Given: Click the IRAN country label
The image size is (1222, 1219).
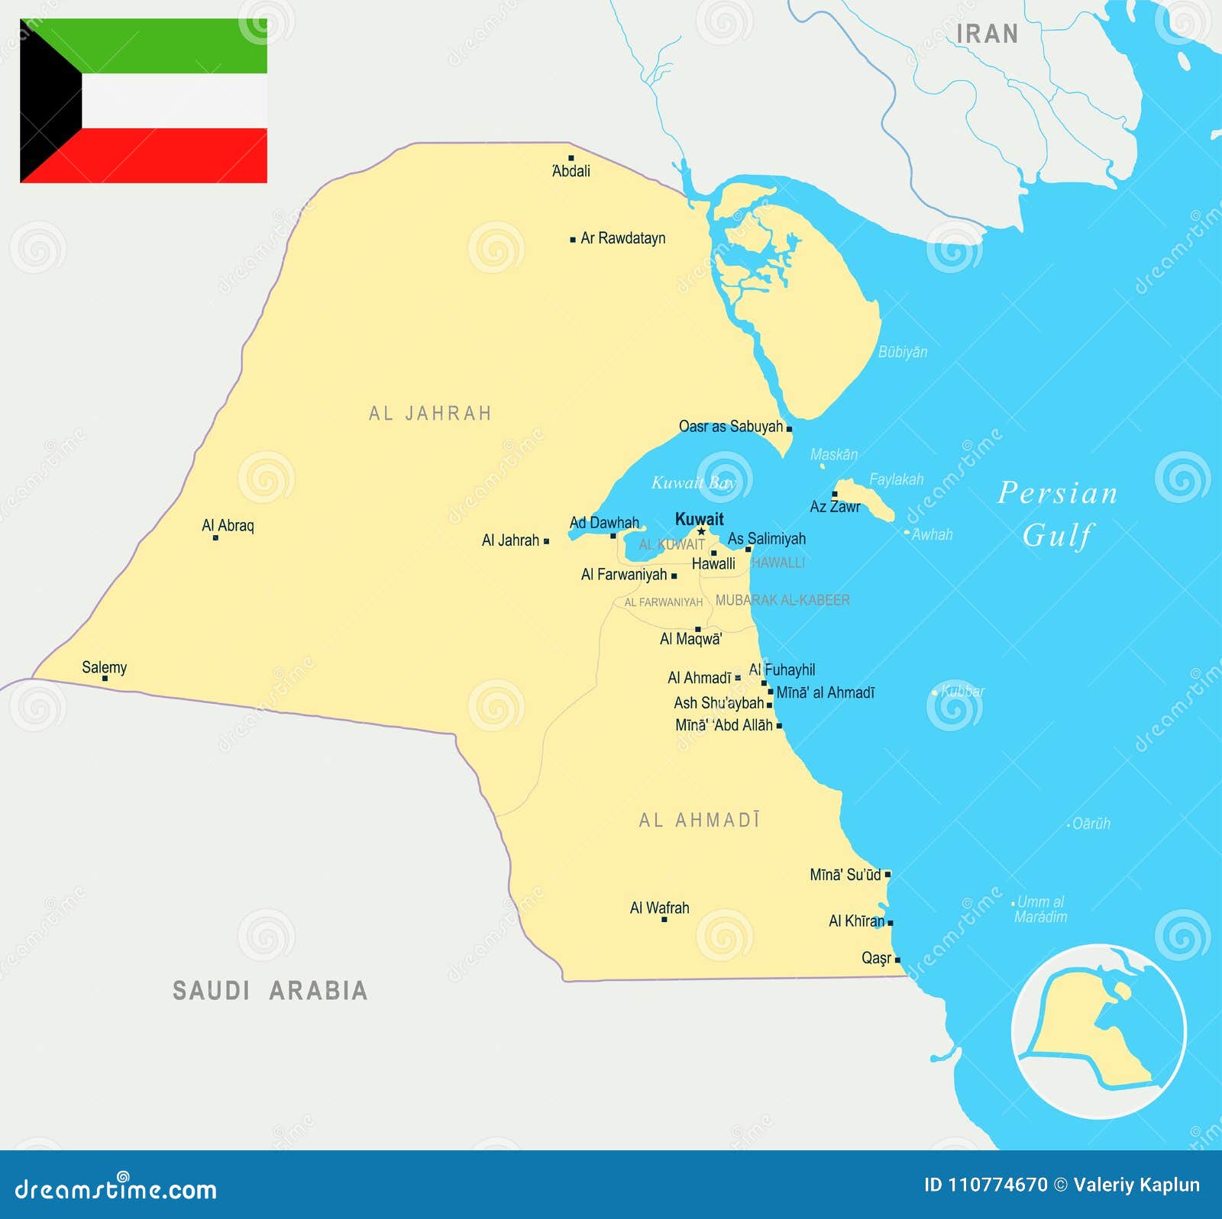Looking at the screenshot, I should [987, 34].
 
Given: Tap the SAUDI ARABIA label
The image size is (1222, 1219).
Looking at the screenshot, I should [270, 991].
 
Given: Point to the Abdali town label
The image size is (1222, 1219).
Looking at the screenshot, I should [571, 171].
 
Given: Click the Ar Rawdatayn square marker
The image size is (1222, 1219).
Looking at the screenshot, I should [573, 240].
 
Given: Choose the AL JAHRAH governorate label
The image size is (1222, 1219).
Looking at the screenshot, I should [430, 414].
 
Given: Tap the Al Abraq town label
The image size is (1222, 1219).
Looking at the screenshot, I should [228, 525].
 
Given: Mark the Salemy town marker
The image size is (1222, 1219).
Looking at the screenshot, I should [105, 679].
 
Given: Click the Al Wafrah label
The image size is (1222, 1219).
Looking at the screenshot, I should [659, 908].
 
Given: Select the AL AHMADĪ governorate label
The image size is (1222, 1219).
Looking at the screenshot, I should [699, 821].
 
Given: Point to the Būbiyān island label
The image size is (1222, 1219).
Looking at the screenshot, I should [903, 352].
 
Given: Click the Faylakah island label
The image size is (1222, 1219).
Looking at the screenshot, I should [897, 479].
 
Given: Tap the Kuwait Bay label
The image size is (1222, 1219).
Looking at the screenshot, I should [692, 482].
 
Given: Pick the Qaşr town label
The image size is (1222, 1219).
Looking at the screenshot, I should [876, 958].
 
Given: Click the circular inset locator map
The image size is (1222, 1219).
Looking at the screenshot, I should [1098, 1030].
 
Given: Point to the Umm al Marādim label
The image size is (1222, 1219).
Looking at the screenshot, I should [1040, 909].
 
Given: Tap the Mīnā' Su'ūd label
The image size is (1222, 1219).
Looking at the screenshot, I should [845, 875].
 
